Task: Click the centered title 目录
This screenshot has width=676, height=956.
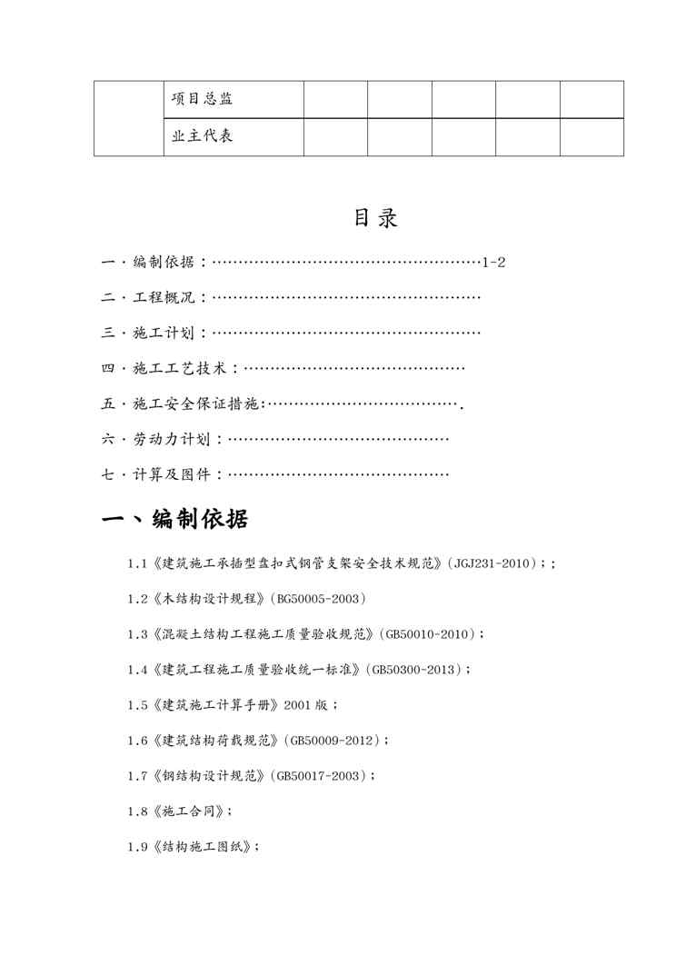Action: pyautogui.click(x=375, y=219)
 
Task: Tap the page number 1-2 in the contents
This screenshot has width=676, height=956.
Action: pyautogui.click(x=493, y=263)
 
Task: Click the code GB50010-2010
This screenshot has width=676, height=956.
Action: pyautogui.click(x=429, y=634)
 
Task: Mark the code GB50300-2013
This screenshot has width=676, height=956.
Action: pyautogui.click(x=416, y=670)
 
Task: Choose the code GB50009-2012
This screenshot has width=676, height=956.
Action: pyautogui.click(x=333, y=741)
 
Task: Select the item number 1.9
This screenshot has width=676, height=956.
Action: pyautogui.click(x=137, y=847)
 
